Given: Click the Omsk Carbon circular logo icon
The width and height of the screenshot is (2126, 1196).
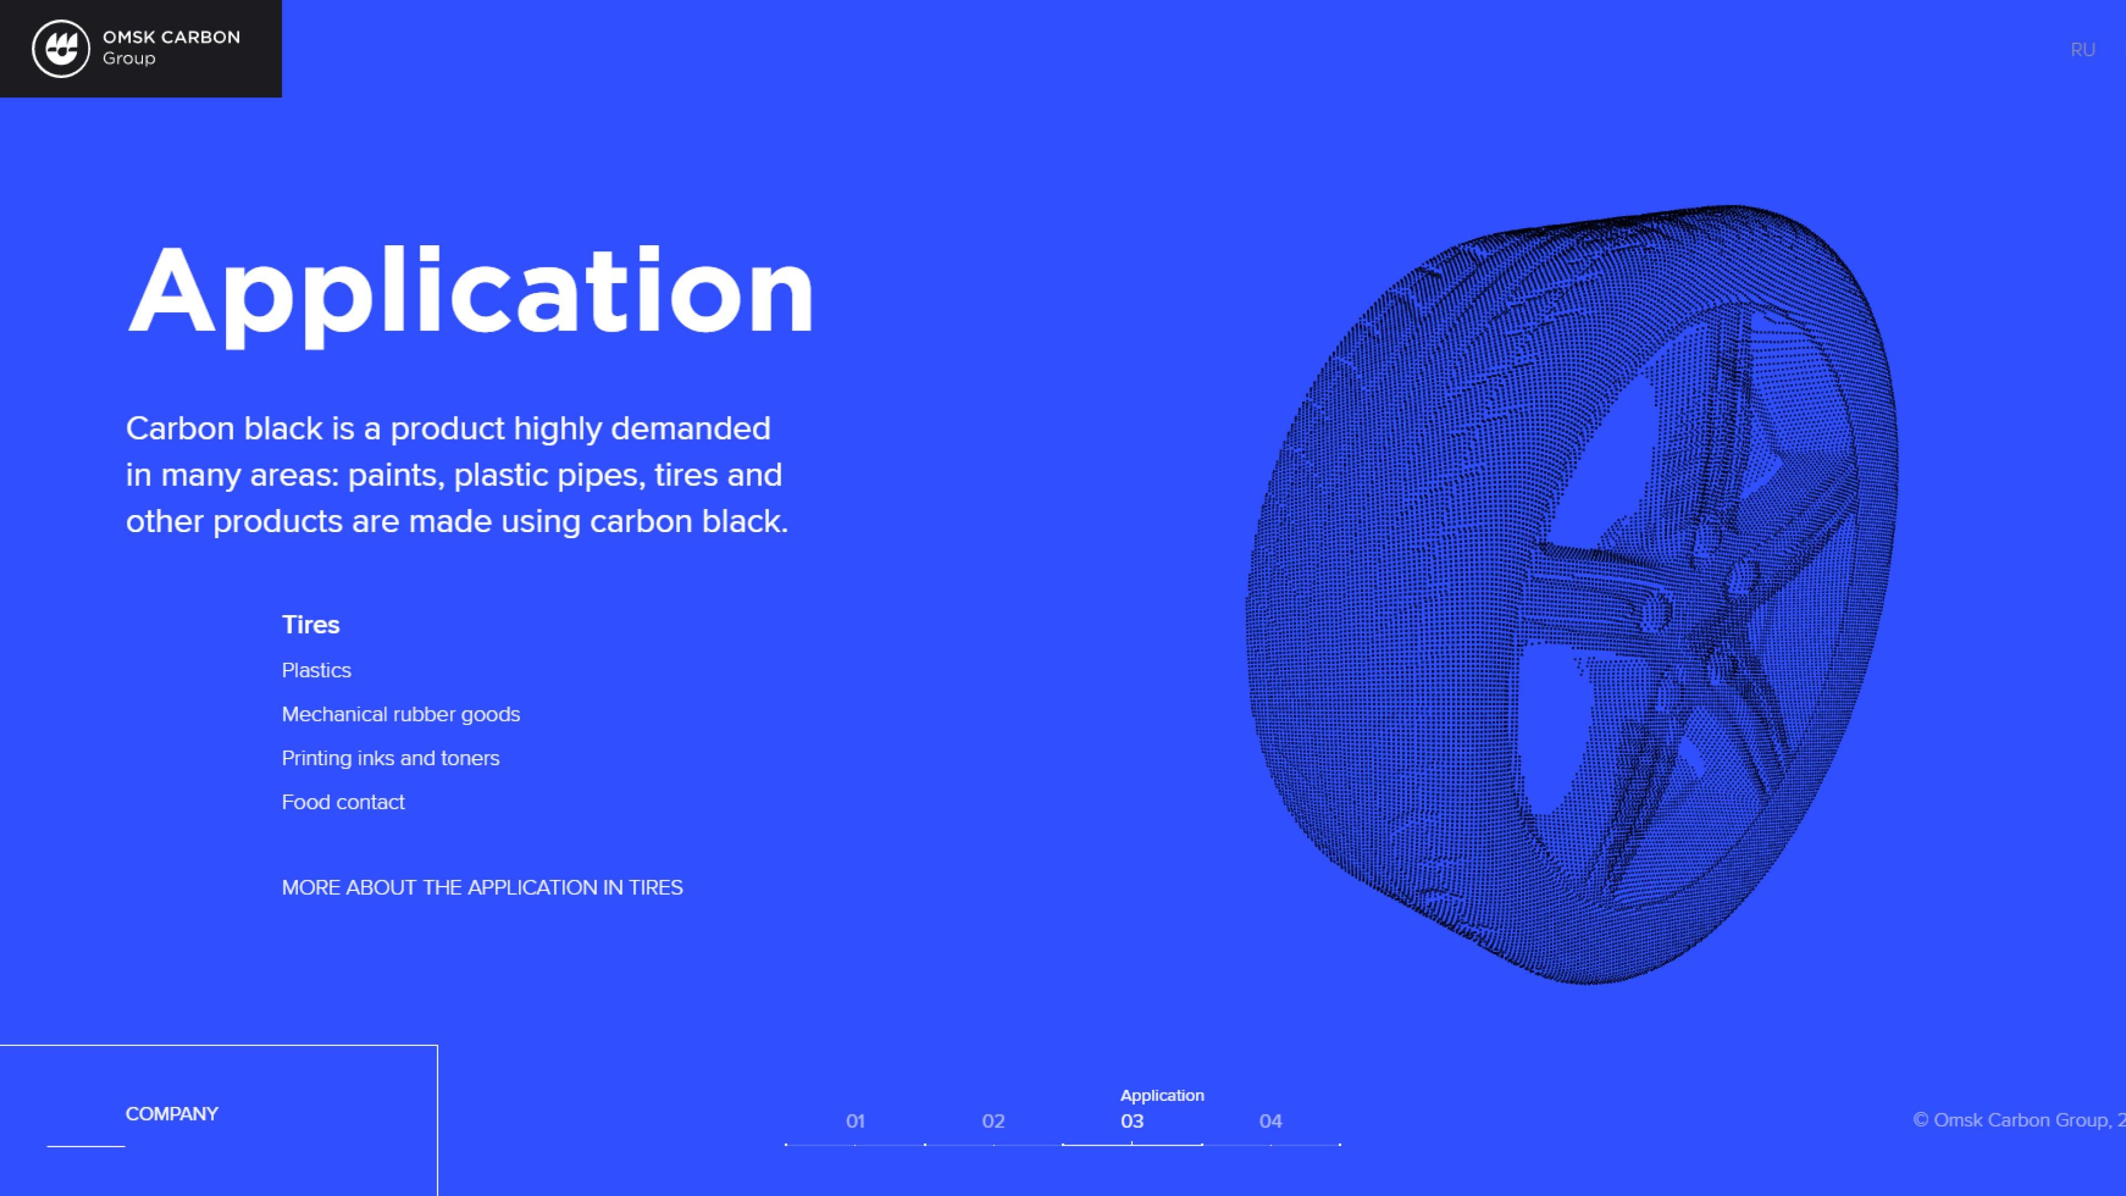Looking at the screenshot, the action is point(60,49).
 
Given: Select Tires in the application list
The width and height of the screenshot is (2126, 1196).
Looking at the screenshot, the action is point(310,625).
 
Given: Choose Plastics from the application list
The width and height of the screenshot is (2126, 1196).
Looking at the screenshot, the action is point(316,670).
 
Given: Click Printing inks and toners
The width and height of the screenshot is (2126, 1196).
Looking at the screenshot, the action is point(390,759).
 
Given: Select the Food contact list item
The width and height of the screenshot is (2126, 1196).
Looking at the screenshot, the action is point(343,802).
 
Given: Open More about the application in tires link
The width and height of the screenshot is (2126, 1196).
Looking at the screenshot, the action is point(482,887).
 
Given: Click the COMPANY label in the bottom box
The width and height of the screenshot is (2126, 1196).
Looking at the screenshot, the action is point(172,1114).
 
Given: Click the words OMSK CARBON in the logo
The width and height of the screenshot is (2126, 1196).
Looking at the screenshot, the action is point(172,37).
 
